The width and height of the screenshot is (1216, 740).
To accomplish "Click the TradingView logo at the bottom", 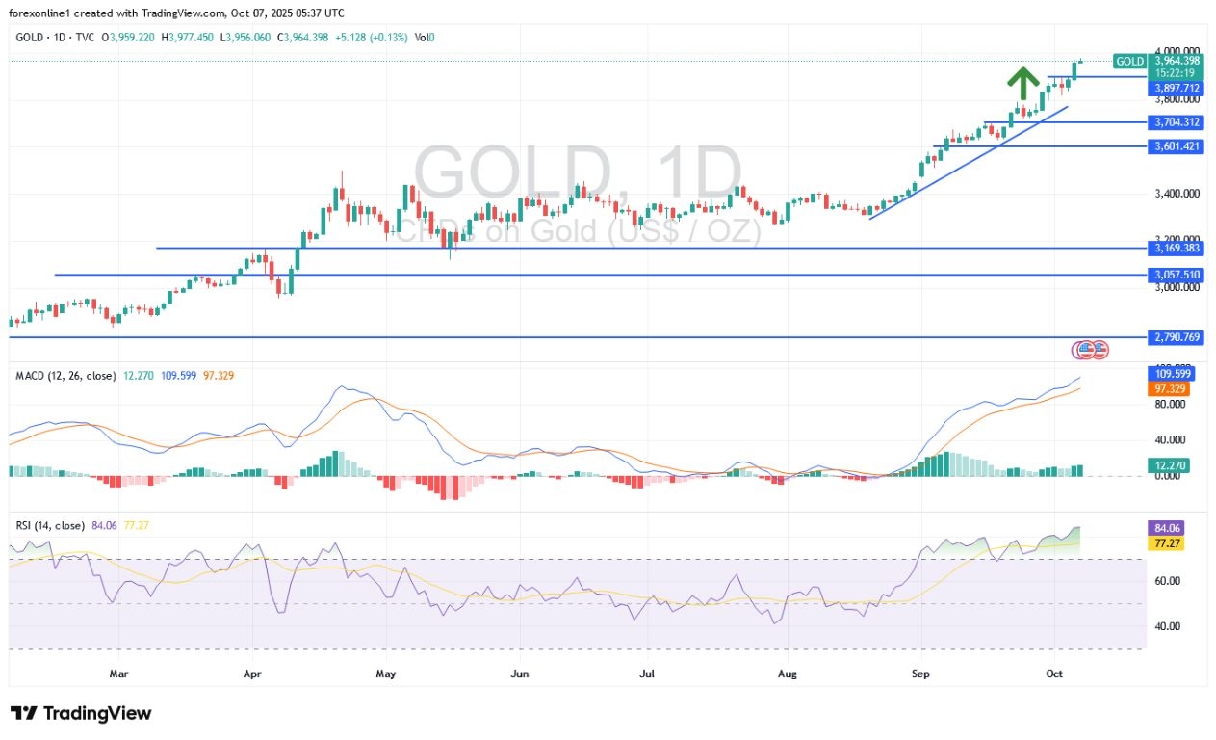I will (x=81, y=714).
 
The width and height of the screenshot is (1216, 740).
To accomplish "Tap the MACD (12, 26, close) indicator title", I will (x=65, y=375).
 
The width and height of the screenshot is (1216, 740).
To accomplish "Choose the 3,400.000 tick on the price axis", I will (x=1177, y=194).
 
